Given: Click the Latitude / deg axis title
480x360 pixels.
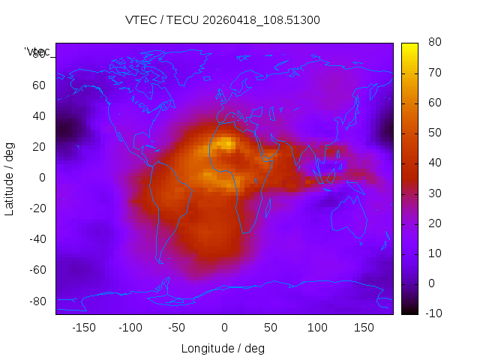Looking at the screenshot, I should [10, 177].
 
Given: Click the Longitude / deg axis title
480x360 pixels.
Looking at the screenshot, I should [223, 348].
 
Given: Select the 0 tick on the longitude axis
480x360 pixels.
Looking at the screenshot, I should [223, 328].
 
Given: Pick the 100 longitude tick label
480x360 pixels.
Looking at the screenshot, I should [317, 328].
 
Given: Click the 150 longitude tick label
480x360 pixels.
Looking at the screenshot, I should [364, 328].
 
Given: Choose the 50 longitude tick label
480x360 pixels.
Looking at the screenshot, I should [271, 328].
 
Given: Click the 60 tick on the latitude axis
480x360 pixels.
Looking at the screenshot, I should [40, 85].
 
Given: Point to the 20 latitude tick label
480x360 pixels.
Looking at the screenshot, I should [40, 147].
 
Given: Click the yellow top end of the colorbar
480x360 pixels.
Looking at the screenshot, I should [409, 46].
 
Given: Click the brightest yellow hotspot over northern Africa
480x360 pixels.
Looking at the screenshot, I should [227, 142].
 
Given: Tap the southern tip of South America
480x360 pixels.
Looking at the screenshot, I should [160, 262].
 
